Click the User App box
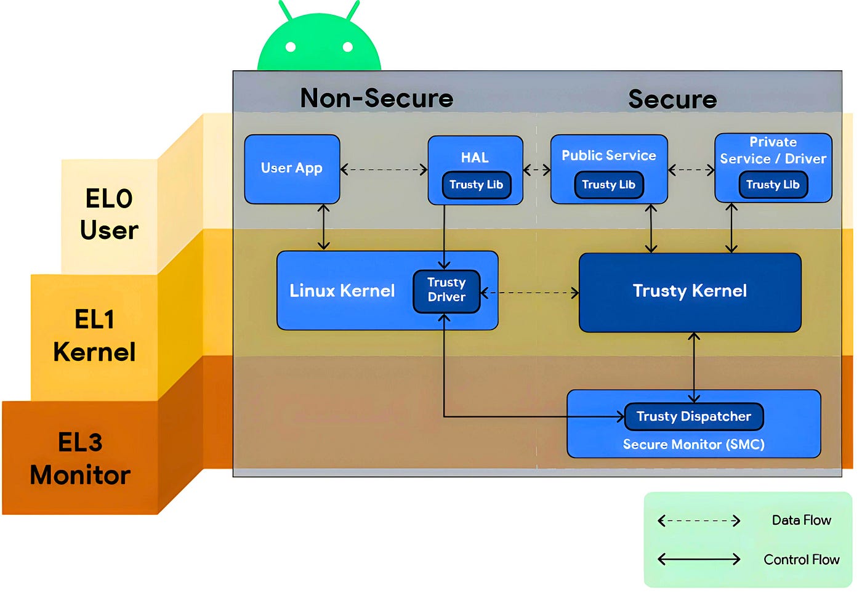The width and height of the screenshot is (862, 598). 292,169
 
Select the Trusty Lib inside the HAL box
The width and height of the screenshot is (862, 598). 476,185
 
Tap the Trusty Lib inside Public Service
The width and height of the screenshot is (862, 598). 608,185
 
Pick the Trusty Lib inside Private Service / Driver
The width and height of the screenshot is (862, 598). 773,185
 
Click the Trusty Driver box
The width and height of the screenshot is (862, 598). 446,290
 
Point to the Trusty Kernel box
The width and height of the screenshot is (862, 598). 690,291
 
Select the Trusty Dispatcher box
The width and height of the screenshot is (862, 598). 694,417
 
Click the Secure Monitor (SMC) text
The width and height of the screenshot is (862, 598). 693,445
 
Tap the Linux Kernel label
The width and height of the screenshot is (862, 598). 342,291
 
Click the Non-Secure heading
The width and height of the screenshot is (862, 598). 376,99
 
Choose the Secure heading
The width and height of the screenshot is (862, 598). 672,100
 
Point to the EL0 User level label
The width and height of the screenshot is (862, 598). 109,214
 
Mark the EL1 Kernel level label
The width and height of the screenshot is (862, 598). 94,336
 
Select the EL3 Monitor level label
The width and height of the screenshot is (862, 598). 80,459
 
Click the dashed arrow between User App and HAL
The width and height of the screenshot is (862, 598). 384,170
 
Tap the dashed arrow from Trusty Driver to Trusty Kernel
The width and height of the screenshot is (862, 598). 530,293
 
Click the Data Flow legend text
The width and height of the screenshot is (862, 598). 801,520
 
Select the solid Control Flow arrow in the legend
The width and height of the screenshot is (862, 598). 699,559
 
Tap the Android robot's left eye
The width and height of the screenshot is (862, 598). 291,47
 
